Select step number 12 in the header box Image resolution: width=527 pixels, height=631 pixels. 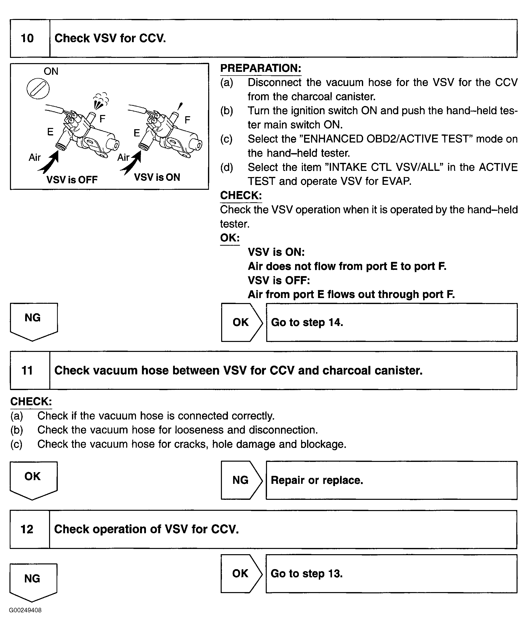pos(27,529)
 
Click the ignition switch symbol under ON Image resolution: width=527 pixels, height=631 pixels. pos(38,89)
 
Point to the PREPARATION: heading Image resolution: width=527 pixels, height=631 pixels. pos(261,68)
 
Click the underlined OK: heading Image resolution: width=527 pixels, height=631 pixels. pos(230,238)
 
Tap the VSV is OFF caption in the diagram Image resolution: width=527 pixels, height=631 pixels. pos(72,180)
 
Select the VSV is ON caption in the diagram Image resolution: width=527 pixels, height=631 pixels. pos(157,177)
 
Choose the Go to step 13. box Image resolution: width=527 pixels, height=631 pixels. pos(391,574)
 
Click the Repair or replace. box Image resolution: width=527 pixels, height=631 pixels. pos(391,480)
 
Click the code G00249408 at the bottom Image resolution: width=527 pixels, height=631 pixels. pos(25,610)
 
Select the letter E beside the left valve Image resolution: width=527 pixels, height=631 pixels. pos(50,132)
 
